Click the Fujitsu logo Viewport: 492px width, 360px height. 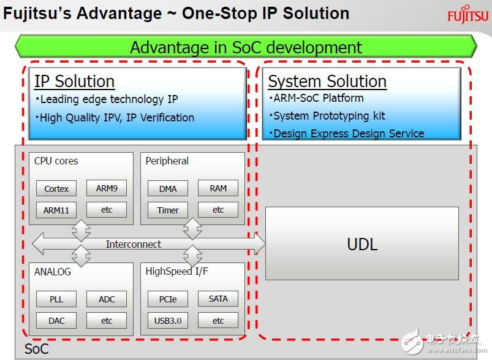pyautogui.click(x=468, y=14)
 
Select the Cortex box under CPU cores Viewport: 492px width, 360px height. pyautogui.click(x=56, y=188)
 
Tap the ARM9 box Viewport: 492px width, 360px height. pyautogui.click(x=107, y=188)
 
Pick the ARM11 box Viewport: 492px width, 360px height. pyautogui.click(x=56, y=210)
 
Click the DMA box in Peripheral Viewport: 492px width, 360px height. pyautogui.click(x=168, y=188)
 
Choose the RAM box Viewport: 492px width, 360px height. pyautogui.click(x=218, y=188)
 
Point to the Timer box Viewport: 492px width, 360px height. pyautogui.click(x=168, y=210)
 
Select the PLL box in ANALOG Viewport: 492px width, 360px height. pyautogui.click(x=56, y=299)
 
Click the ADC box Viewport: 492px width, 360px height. pyautogui.click(x=107, y=299)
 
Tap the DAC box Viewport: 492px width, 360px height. pyautogui.click(x=56, y=320)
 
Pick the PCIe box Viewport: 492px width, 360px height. pyautogui.click(x=168, y=299)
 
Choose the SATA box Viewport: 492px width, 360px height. pyautogui.click(x=218, y=299)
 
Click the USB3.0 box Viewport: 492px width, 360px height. pyautogui.click(x=168, y=320)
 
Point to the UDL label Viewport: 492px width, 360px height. pyautogui.click(x=362, y=244)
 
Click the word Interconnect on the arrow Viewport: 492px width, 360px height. pyautogui.click(x=134, y=244)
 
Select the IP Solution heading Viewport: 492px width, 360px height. pyautogui.click(x=74, y=82)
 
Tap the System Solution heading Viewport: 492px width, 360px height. pyautogui.click(x=327, y=82)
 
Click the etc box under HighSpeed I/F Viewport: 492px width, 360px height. pyautogui.click(x=218, y=320)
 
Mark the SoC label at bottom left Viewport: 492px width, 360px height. pyautogui.click(x=37, y=349)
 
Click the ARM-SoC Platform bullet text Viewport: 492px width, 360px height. pyautogui.click(x=318, y=98)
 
